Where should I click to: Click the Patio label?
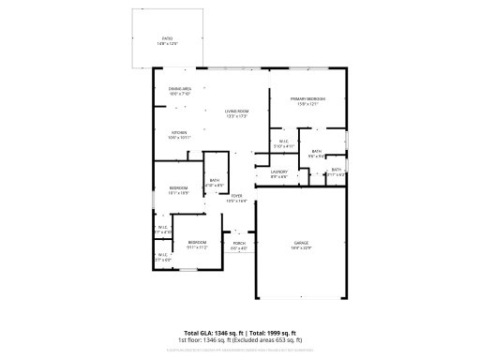point(168,38)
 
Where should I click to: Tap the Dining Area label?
point(180,88)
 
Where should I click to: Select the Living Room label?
point(235,112)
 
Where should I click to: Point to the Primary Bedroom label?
point(308,98)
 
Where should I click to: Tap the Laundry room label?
point(279,171)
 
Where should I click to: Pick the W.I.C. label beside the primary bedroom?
point(283,142)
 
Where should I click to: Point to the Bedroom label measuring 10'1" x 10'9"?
point(178,187)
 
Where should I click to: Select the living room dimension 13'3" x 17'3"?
point(235,117)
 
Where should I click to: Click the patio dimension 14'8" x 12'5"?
point(168,44)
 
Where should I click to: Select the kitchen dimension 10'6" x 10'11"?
point(180,138)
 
